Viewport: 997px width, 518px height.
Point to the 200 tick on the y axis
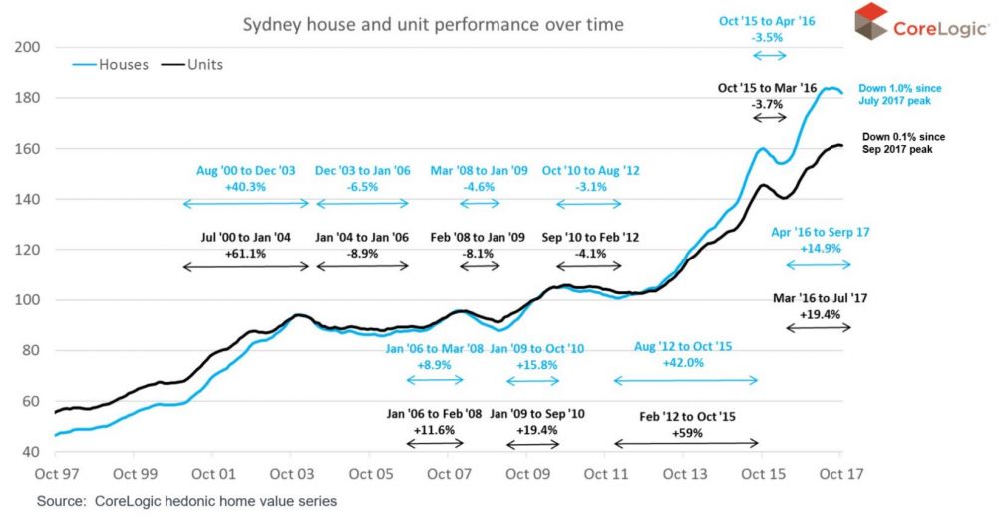[x=27, y=47]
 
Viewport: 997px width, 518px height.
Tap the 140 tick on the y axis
[x=27, y=199]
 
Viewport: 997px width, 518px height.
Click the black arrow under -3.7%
[x=769, y=118]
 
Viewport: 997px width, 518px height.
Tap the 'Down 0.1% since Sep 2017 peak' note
[x=900, y=141]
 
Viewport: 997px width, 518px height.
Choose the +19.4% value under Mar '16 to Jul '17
[x=819, y=313]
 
